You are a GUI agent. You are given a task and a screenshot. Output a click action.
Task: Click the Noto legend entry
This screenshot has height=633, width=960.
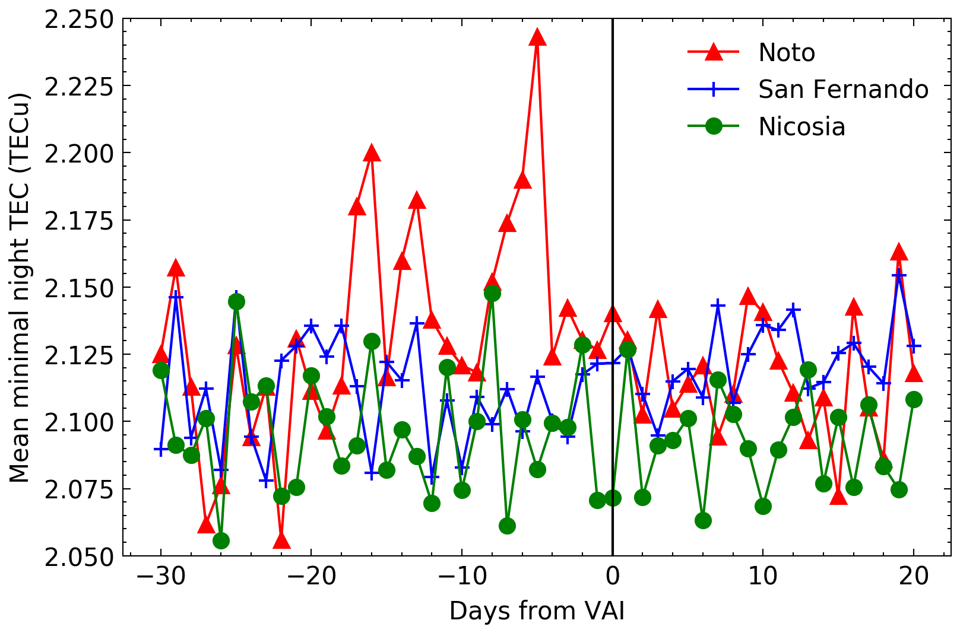[786, 53]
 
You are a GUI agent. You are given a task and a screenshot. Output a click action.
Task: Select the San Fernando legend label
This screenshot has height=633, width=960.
[843, 90]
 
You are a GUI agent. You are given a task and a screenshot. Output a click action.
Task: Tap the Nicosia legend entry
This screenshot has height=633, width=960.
[801, 127]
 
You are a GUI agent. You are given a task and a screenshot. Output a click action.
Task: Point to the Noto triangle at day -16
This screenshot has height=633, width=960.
[372, 154]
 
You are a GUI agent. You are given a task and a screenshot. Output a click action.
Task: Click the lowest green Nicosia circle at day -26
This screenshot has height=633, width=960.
[221, 540]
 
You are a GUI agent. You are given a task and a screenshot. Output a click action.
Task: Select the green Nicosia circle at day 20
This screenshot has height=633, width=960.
[914, 399]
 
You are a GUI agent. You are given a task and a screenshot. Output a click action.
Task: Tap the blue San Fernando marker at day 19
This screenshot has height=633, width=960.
[899, 276]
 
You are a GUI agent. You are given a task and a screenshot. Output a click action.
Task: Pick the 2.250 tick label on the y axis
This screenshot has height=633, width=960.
[79, 20]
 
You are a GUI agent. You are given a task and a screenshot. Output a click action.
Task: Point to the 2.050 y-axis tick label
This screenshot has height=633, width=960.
[79, 557]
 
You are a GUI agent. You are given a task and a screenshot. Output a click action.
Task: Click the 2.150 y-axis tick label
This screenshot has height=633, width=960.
[79, 288]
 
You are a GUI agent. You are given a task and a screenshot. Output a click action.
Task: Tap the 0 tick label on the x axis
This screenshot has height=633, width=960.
[613, 576]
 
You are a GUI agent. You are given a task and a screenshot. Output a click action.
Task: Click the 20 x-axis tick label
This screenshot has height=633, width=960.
[914, 576]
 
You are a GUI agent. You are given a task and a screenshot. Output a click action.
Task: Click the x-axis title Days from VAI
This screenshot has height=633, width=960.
[537, 611]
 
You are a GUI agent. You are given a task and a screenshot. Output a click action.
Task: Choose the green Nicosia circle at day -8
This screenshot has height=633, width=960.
[492, 293]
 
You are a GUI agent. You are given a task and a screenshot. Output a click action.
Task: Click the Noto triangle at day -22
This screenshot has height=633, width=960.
[281, 540]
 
